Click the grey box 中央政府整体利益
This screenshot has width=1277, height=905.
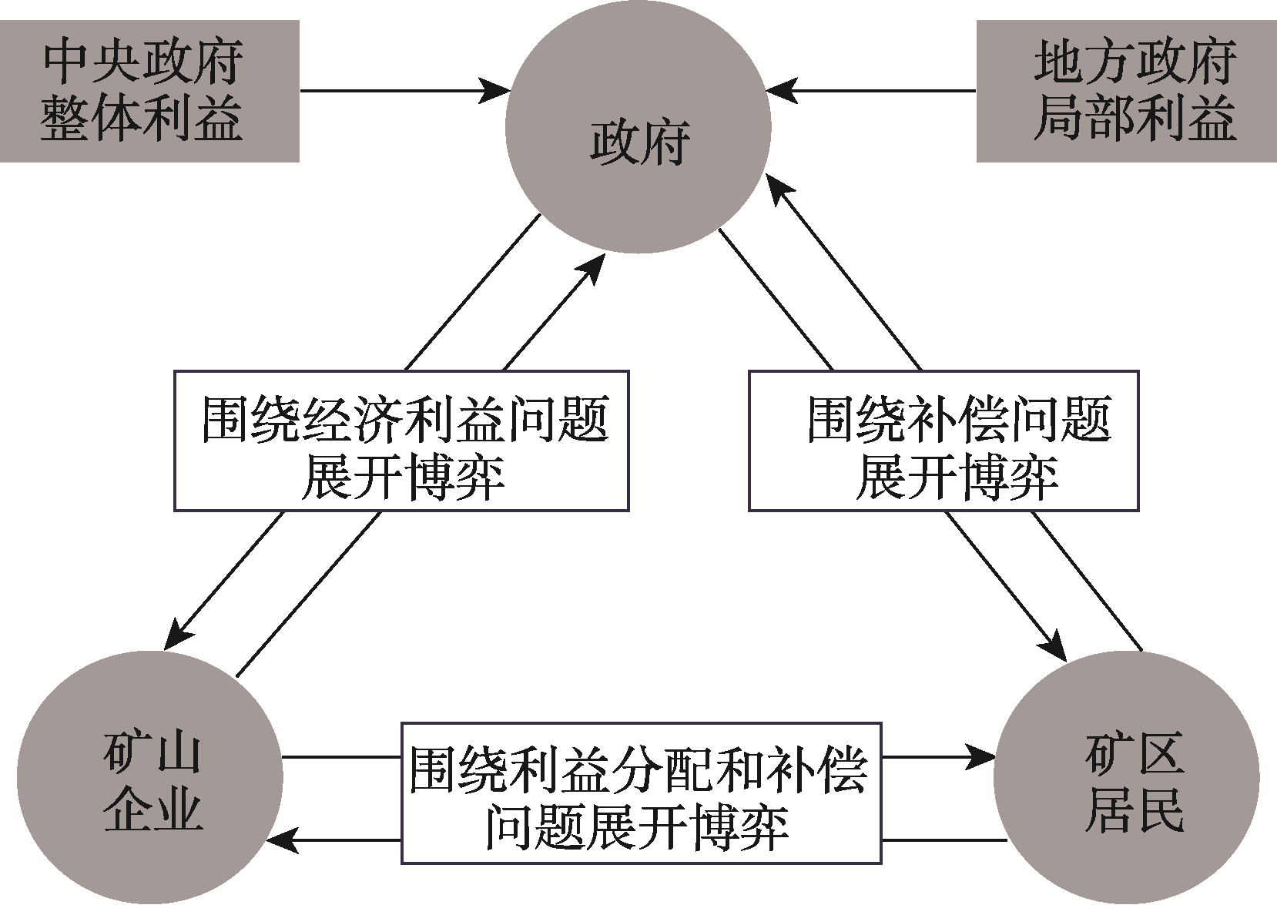pos(149,91)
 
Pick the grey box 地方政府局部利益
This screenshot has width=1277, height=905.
pos(1126,91)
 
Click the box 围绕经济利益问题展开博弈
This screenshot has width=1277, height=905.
pos(401,441)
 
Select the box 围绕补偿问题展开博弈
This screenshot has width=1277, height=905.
pos(944,441)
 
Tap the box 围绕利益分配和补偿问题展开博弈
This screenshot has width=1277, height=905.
pos(641,793)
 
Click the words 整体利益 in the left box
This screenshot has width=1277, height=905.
pos(142,119)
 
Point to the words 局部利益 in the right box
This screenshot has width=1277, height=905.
pos(1135,119)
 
